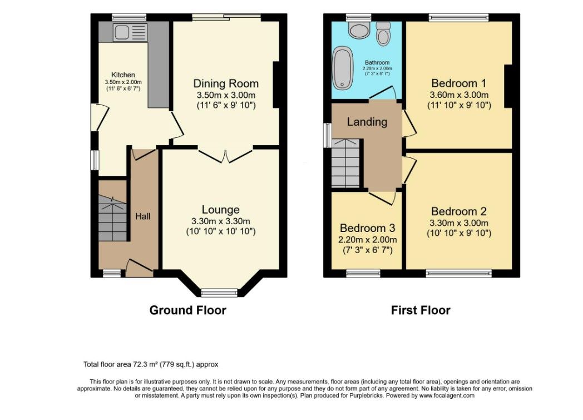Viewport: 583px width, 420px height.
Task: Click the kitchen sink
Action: click(x=130, y=32)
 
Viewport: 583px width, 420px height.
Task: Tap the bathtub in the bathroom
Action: click(x=343, y=68)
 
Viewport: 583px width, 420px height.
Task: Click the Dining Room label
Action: click(x=226, y=83)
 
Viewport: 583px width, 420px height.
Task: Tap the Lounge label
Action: click(x=220, y=210)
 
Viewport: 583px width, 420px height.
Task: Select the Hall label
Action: click(x=143, y=216)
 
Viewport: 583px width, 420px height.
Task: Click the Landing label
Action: click(x=367, y=122)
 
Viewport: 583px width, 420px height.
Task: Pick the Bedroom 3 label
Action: click(x=367, y=228)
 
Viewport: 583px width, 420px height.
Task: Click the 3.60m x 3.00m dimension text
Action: click(x=459, y=95)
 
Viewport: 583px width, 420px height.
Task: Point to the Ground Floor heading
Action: click(x=188, y=310)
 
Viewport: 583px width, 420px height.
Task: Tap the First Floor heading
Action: click(x=421, y=310)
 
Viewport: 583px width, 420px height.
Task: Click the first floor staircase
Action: click(x=346, y=163)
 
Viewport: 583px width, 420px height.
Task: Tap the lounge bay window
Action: click(x=219, y=293)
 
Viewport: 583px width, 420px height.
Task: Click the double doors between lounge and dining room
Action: click(x=225, y=155)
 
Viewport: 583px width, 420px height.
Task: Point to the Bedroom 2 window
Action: click(x=459, y=274)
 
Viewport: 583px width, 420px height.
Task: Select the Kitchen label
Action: click(x=123, y=75)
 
